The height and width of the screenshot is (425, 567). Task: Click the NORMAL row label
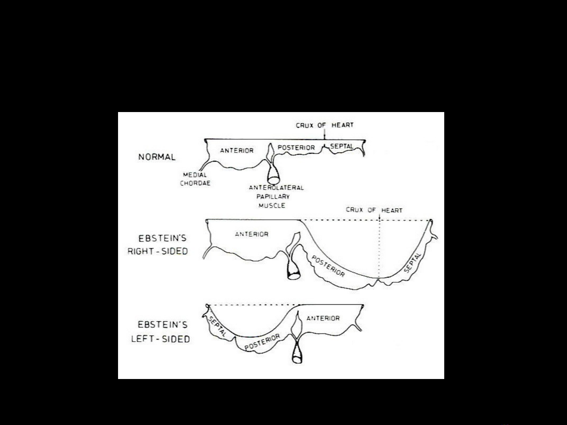click(157, 157)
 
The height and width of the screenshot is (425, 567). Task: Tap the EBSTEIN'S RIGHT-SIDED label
click(158, 245)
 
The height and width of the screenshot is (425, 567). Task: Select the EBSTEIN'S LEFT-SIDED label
click(161, 331)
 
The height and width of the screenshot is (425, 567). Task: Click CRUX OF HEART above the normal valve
click(325, 125)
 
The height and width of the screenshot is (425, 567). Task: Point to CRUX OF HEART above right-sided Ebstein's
click(374, 210)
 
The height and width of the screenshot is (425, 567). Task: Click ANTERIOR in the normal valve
click(236, 151)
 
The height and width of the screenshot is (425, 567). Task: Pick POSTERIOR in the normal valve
click(296, 147)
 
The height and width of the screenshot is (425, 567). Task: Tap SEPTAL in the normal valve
click(342, 146)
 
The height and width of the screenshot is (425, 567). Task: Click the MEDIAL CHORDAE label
click(195, 179)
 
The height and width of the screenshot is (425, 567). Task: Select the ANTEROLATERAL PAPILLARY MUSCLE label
click(276, 197)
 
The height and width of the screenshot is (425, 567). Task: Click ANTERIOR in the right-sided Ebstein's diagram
click(251, 234)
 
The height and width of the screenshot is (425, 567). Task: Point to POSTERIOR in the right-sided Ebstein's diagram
click(328, 266)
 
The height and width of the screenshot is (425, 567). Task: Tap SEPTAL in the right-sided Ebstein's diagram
click(412, 263)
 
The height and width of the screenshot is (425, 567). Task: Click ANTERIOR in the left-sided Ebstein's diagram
click(323, 318)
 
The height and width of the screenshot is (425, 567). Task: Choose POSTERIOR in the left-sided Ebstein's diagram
click(262, 342)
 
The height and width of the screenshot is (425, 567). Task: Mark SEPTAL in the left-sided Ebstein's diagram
click(217, 326)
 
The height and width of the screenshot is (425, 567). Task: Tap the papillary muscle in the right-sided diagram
click(294, 269)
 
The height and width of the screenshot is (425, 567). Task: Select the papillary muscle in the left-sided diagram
click(297, 353)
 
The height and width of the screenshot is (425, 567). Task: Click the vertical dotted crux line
click(379, 249)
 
